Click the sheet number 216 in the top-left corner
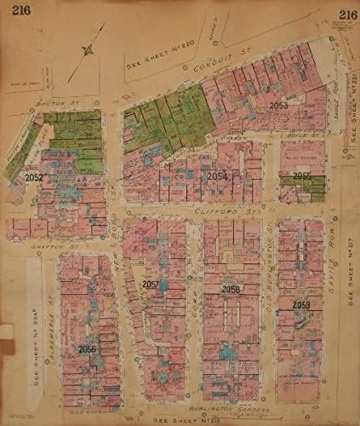tap(16, 12)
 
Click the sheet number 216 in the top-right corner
tap(347, 13)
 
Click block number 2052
tap(35, 178)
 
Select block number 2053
tap(279, 106)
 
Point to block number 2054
tap(217, 176)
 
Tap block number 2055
tap(302, 176)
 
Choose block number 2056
tap(88, 348)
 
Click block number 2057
tap(151, 284)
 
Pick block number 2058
tap(231, 290)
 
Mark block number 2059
tap(300, 304)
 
